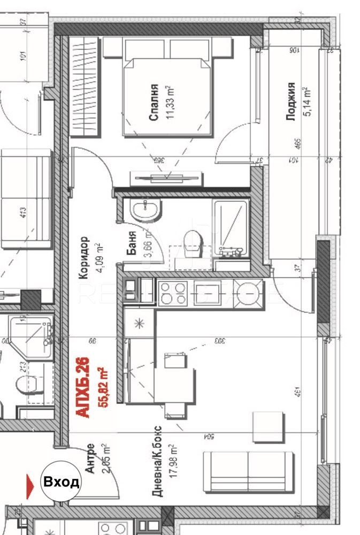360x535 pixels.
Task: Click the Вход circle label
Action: tap(62, 482)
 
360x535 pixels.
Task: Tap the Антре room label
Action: tap(90, 458)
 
